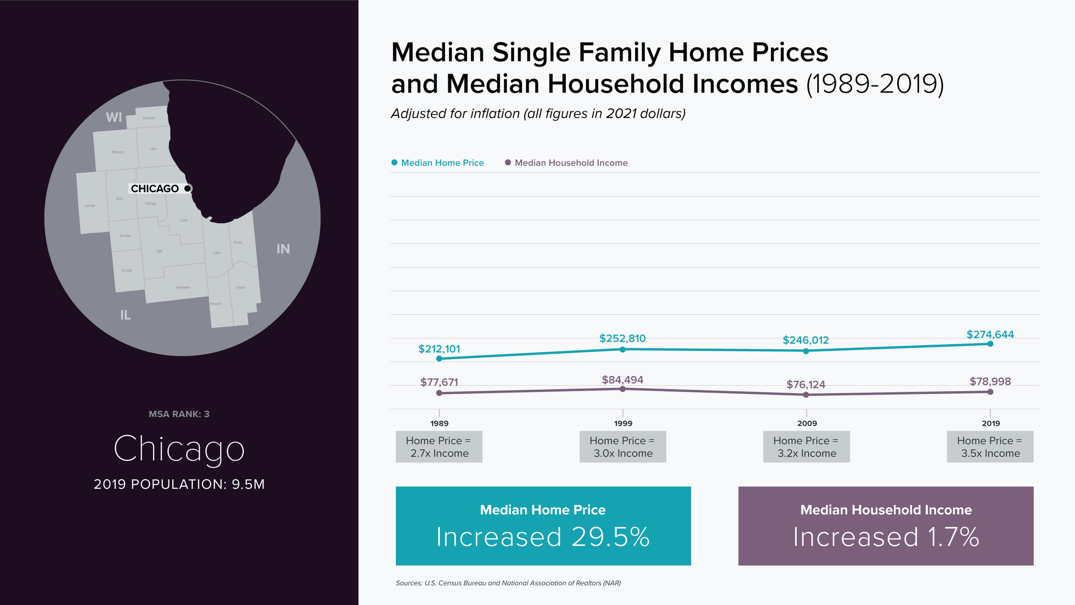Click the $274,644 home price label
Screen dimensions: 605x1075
pos(990,334)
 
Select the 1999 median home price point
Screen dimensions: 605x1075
pos(622,349)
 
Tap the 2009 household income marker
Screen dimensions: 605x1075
pos(806,394)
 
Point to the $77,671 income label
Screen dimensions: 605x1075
pos(439,382)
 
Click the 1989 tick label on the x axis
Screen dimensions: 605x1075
pos(439,423)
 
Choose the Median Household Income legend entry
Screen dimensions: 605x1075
pos(571,163)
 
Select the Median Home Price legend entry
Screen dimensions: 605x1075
pos(442,163)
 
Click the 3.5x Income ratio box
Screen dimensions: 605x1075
pos(990,447)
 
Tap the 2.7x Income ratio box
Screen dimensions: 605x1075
pos(439,447)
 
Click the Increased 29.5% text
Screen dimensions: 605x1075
pos(543,536)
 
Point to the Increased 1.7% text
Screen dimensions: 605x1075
pos(886,536)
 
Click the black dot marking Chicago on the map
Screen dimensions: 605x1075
pos(187,188)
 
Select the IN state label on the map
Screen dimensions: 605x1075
pos(283,249)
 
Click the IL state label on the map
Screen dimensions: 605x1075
pos(125,315)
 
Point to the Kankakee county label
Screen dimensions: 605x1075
pos(183,287)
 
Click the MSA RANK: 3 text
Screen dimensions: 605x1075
pos(179,414)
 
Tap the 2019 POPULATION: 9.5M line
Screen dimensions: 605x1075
pos(179,484)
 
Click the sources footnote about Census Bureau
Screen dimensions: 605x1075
pos(508,583)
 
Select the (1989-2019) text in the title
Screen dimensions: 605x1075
pos(875,84)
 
